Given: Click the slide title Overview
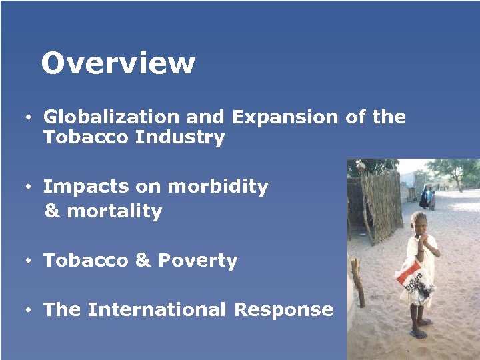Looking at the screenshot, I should pyautogui.click(x=118, y=64).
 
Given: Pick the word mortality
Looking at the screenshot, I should pyautogui.click(x=115, y=211).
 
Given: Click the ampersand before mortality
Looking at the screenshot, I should pyautogui.click(x=52, y=212).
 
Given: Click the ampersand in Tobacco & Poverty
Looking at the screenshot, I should pyautogui.click(x=143, y=261).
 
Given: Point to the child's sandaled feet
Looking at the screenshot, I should pyautogui.click(x=419, y=329).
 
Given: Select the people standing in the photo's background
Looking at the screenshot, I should pyautogui.click(x=427, y=197).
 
